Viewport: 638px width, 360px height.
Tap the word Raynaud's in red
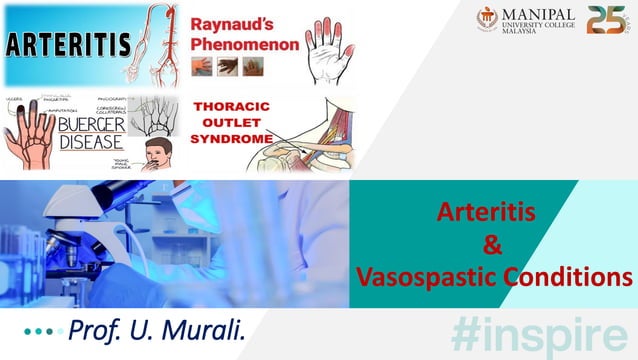[x=232, y=21]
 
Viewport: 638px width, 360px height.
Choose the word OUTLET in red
[x=220, y=119]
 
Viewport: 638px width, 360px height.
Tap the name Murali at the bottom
[x=202, y=327]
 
